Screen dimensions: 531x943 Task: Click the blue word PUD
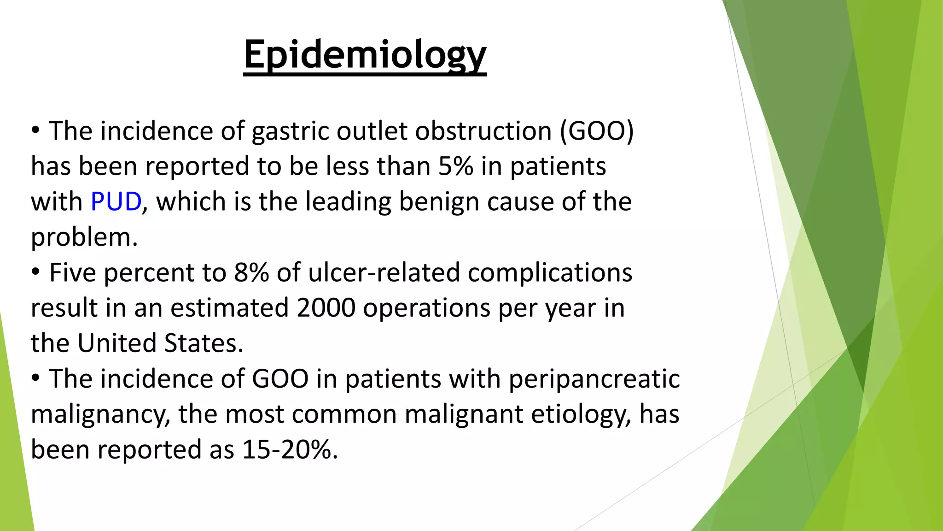(116, 202)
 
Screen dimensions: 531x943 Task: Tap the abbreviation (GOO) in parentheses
(597, 131)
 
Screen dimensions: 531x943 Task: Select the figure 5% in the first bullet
(455, 166)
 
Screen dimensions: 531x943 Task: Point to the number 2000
(326, 308)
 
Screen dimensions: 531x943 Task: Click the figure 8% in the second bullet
(251, 272)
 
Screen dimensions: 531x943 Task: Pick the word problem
(84, 237)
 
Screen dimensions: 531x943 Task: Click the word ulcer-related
(384, 272)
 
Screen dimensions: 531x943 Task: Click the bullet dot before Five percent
(36, 272)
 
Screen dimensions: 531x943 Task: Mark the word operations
(426, 308)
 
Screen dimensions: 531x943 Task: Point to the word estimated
(229, 308)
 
